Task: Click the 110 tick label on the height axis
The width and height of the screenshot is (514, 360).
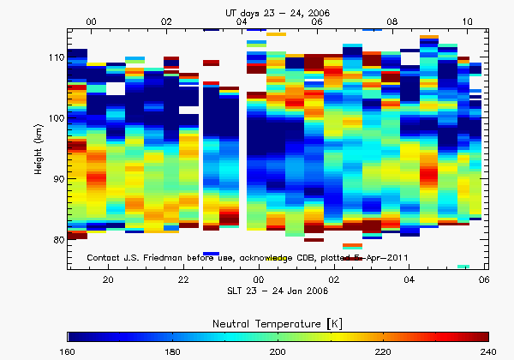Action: coord(57,57)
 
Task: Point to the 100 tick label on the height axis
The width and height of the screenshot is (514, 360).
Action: coord(57,118)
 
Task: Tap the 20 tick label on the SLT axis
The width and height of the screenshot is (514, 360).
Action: coord(109,280)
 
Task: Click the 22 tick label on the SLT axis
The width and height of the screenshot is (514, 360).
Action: coord(183,280)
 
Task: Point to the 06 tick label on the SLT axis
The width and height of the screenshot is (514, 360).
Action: coord(484,280)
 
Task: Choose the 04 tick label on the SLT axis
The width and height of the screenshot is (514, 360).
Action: coord(409,280)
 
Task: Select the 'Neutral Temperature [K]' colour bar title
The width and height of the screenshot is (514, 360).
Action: coord(278,321)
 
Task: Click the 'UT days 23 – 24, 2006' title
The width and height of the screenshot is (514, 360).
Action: coord(278,8)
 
